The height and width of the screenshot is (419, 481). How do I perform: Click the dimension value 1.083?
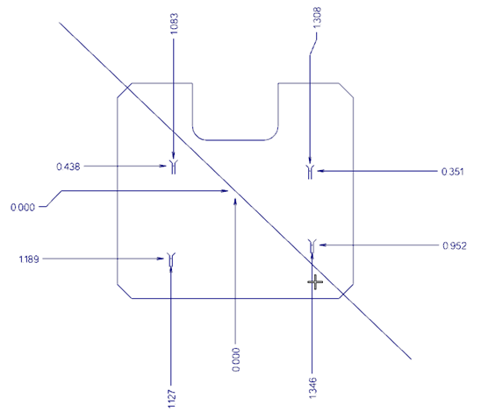(x=173, y=24)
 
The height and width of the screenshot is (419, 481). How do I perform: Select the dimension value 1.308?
(x=317, y=18)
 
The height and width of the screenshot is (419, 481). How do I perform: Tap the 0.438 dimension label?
(x=68, y=167)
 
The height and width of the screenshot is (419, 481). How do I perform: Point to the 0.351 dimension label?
(x=452, y=172)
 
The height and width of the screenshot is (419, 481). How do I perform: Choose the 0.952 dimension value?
(x=455, y=246)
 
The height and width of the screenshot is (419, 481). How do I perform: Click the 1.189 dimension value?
(x=29, y=259)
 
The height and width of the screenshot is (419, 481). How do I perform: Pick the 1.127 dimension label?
(x=172, y=399)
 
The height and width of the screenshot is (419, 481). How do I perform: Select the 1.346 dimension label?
(x=312, y=388)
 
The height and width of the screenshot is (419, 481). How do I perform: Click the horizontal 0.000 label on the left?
(x=23, y=208)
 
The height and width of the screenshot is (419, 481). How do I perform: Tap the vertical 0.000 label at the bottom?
(x=236, y=359)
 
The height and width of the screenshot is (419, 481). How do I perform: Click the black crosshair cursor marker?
(x=315, y=282)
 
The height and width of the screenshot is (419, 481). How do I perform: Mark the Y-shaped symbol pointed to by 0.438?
(x=174, y=167)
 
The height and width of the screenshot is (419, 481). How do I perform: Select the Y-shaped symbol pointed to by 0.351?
(x=310, y=172)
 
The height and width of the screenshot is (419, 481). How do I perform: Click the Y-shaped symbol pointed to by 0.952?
(x=312, y=246)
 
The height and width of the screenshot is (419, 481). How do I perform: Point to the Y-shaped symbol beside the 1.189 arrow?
(x=171, y=259)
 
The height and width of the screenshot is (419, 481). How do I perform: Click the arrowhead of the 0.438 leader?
(x=163, y=166)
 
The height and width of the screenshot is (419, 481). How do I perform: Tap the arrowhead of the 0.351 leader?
(x=321, y=171)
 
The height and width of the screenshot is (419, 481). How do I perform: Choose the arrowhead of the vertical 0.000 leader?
(x=235, y=202)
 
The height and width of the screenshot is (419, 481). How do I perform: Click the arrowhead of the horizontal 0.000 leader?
(x=225, y=191)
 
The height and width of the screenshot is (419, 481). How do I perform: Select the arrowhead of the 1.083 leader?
(x=173, y=155)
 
